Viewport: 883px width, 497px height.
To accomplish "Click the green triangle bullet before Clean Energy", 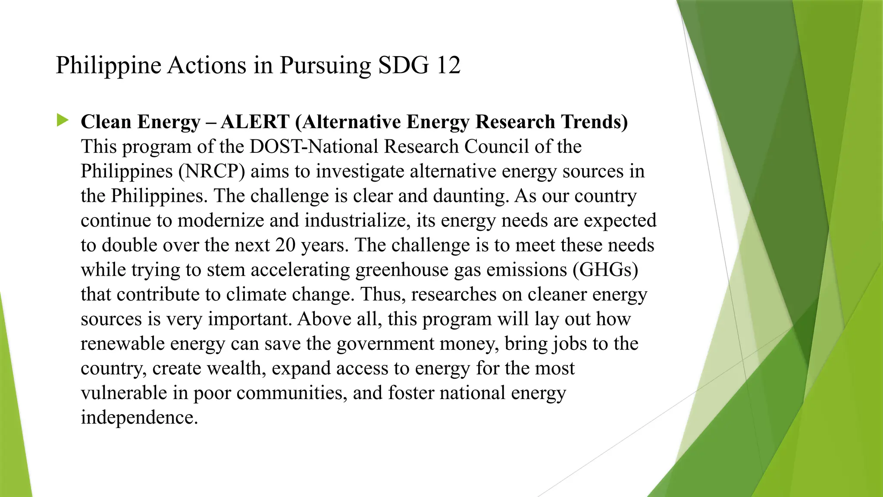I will [x=63, y=120].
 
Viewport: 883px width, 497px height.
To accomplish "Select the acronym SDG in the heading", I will [x=403, y=66].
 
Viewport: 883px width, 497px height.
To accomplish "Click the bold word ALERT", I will [x=255, y=122].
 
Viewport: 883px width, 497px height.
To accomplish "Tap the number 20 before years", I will [x=285, y=245].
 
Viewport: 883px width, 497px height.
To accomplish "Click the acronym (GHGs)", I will [x=605, y=270].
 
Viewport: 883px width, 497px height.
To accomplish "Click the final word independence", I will [x=139, y=418].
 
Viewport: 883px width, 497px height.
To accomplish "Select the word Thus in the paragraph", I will [x=383, y=295].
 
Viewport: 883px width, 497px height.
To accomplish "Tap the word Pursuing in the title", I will [x=325, y=66].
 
